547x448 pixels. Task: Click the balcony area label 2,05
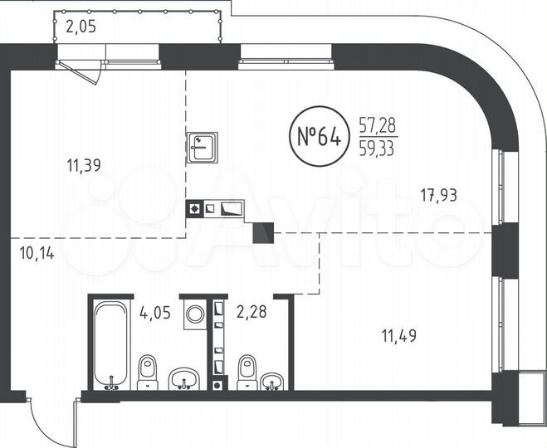point(81,27)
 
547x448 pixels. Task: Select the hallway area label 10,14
point(36,253)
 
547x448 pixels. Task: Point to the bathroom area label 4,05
point(156,314)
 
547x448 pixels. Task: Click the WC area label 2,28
point(252,314)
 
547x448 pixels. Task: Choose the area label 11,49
point(398,336)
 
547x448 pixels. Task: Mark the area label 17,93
point(439,196)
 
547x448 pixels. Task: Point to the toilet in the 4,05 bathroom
point(148,372)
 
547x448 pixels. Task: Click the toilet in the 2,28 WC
point(247,373)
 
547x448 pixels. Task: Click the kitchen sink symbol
point(202,147)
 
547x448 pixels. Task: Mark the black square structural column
point(263,233)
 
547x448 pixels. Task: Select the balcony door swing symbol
point(86,71)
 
